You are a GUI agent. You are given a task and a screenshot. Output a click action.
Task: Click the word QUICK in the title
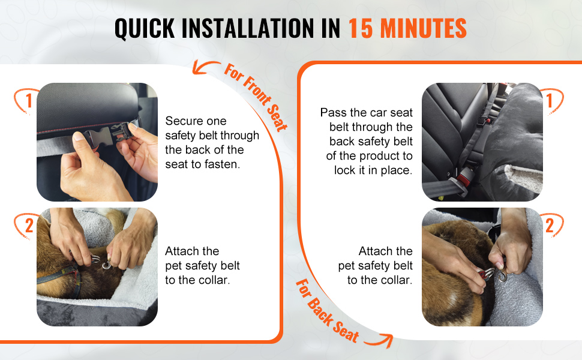pyautogui.click(x=145, y=28)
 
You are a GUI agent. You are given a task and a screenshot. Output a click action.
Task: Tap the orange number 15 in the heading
pyautogui.click(x=361, y=28)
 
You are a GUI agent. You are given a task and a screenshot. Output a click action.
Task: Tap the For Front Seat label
pyautogui.click(x=256, y=97)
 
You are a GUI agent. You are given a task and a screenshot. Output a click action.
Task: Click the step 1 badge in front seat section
pyautogui.click(x=26, y=101)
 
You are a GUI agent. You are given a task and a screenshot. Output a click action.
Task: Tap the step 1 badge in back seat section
pyautogui.click(x=552, y=101)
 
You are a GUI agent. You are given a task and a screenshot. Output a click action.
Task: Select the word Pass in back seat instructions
pyautogui.click(x=333, y=112)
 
